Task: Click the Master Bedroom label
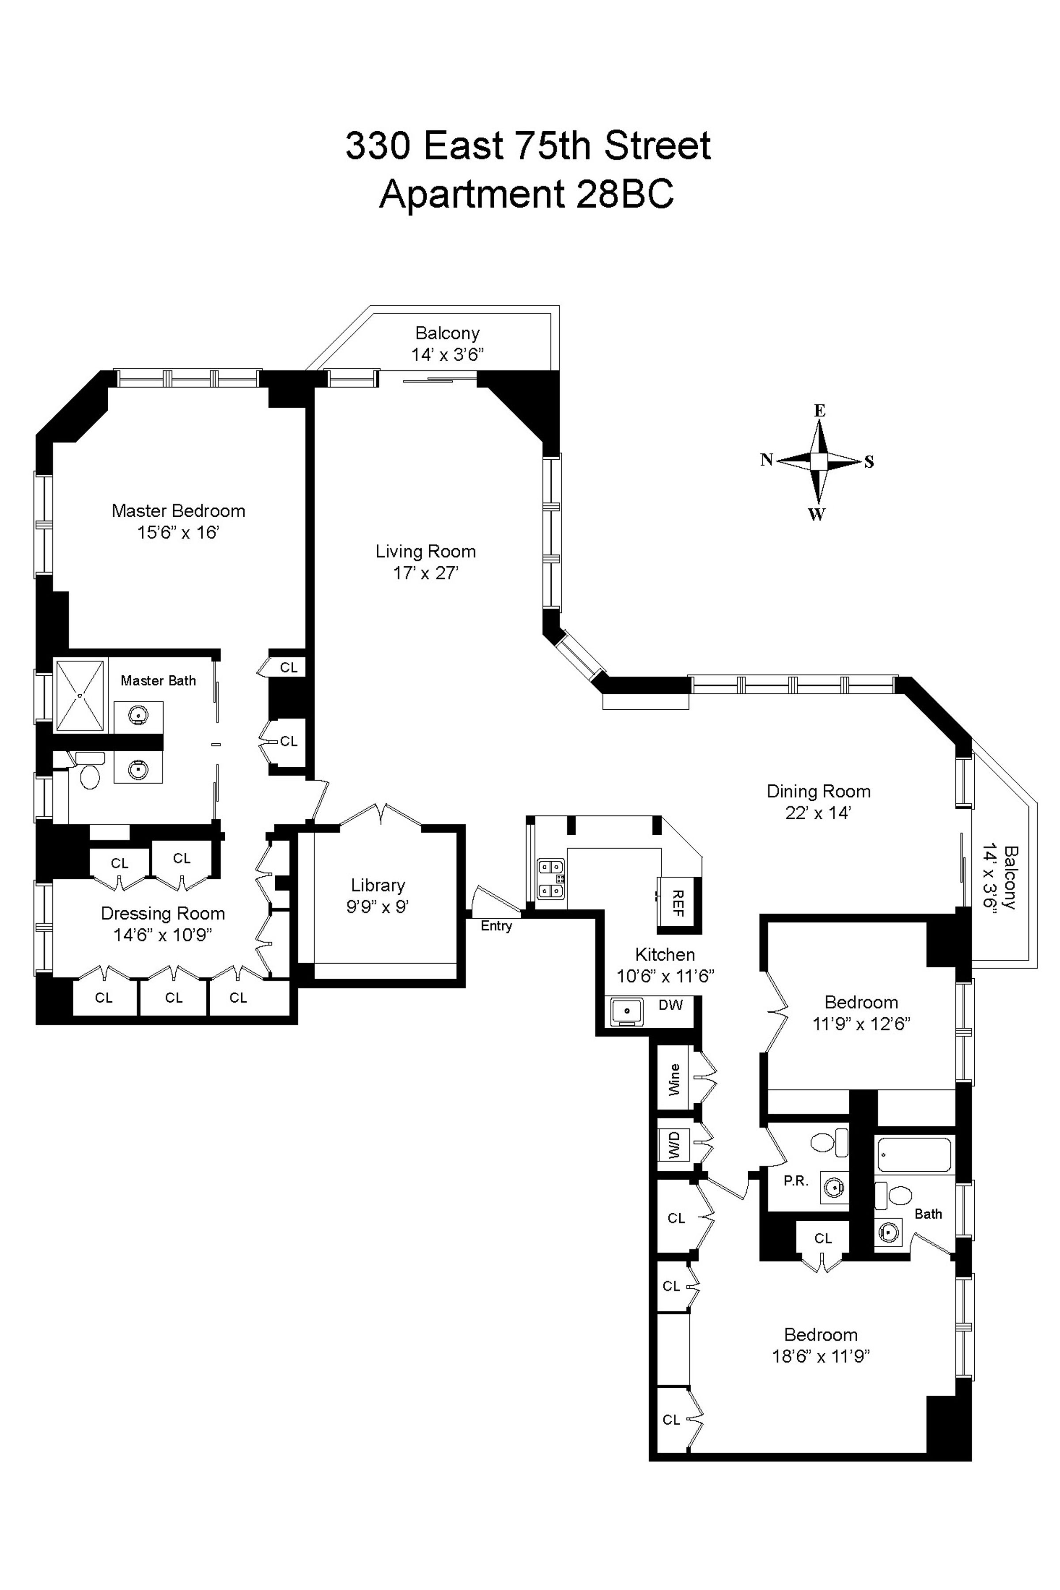[178, 511]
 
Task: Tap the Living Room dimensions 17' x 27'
[425, 573]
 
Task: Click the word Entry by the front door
[496, 926]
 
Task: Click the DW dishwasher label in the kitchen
[670, 1005]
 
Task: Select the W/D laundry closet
[674, 1144]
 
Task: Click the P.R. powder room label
[796, 1181]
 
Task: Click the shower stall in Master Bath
[80, 696]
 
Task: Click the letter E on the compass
[819, 410]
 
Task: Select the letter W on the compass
[817, 515]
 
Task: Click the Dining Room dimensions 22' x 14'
[818, 813]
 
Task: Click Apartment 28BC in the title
[526, 195]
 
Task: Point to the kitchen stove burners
[550, 879]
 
